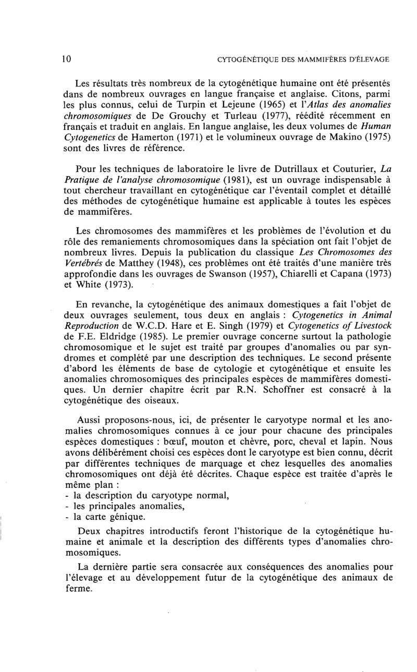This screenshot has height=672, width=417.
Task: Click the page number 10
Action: [x=66, y=59]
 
